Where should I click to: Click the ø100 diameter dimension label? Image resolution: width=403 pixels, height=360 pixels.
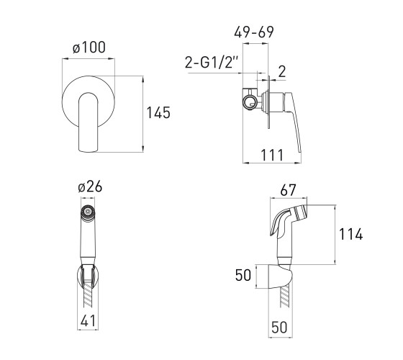click(x=89, y=48)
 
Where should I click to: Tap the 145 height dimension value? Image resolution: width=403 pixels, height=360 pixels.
click(x=158, y=112)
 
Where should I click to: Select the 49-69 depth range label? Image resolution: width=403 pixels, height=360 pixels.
click(x=254, y=32)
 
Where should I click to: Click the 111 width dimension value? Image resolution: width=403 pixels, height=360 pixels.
click(x=272, y=155)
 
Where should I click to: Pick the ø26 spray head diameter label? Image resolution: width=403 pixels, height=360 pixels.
click(x=90, y=186)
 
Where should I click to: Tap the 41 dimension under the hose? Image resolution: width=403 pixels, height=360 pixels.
click(x=88, y=321)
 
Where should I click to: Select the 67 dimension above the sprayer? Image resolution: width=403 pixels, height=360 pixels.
click(x=288, y=190)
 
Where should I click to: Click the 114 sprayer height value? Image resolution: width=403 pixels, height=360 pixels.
click(x=351, y=234)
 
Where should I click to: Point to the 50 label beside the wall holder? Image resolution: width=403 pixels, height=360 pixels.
click(x=243, y=275)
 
